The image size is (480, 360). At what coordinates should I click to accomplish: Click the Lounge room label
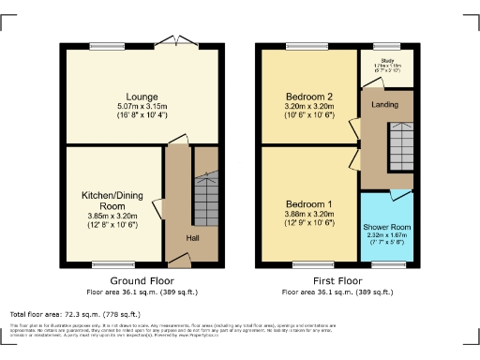pos(142,97)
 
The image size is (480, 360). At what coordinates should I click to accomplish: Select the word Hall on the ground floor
pos(192,237)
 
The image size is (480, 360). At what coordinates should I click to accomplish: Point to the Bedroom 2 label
pos(308,96)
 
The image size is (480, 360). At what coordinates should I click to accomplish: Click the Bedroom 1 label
pos(308,204)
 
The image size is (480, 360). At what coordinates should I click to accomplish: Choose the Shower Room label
pos(386,227)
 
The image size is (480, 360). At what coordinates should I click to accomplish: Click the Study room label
pos(385,59)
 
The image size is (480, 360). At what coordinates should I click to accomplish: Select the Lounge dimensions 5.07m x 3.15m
pos(142,106)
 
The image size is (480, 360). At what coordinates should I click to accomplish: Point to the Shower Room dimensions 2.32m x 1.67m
pos(386,235)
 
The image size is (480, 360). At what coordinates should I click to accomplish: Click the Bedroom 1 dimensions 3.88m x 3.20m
pos(308,215)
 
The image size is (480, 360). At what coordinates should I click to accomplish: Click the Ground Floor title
pos(142,280)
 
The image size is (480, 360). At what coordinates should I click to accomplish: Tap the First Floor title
pos(338,280)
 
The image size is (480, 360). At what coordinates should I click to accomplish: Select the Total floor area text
pos(75,314)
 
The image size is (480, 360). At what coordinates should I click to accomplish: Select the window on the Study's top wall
pos(385,44)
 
